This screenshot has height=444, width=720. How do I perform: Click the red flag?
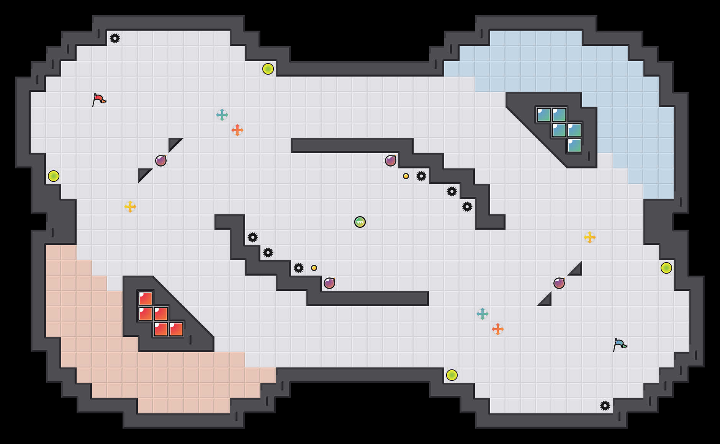coord(99,100)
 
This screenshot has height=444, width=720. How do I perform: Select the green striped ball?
coord(360,222)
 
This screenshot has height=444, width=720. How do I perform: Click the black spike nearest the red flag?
coord(115,38)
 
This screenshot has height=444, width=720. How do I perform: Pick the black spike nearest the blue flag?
coord(605,406)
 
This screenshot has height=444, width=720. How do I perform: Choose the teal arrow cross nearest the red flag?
coord(222,115)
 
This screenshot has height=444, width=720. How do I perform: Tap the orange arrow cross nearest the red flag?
coord(237,130)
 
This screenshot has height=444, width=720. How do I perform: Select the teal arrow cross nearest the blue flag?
coord(483,314)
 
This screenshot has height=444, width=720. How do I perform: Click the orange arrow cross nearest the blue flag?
coord(498,329)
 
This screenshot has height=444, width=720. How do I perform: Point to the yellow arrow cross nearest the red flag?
coord(130,207)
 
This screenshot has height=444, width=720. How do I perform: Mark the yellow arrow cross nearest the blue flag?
coord(590,237)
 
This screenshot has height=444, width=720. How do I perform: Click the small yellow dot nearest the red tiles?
coord(314,268)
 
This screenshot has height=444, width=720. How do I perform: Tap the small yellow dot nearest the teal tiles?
coord(406,176)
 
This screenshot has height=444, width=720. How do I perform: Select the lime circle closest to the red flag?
coord(54,176)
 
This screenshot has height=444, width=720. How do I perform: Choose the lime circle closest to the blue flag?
coord(666,268)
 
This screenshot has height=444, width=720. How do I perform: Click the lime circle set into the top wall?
coord(268,69)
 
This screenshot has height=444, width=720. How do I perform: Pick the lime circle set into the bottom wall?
coord(452,375)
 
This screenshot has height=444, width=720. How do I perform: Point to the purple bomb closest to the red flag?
coord(161,161)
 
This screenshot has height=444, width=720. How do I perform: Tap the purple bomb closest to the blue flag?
coord(559,283)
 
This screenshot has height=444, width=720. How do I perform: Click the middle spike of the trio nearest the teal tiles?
coord(452,191)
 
